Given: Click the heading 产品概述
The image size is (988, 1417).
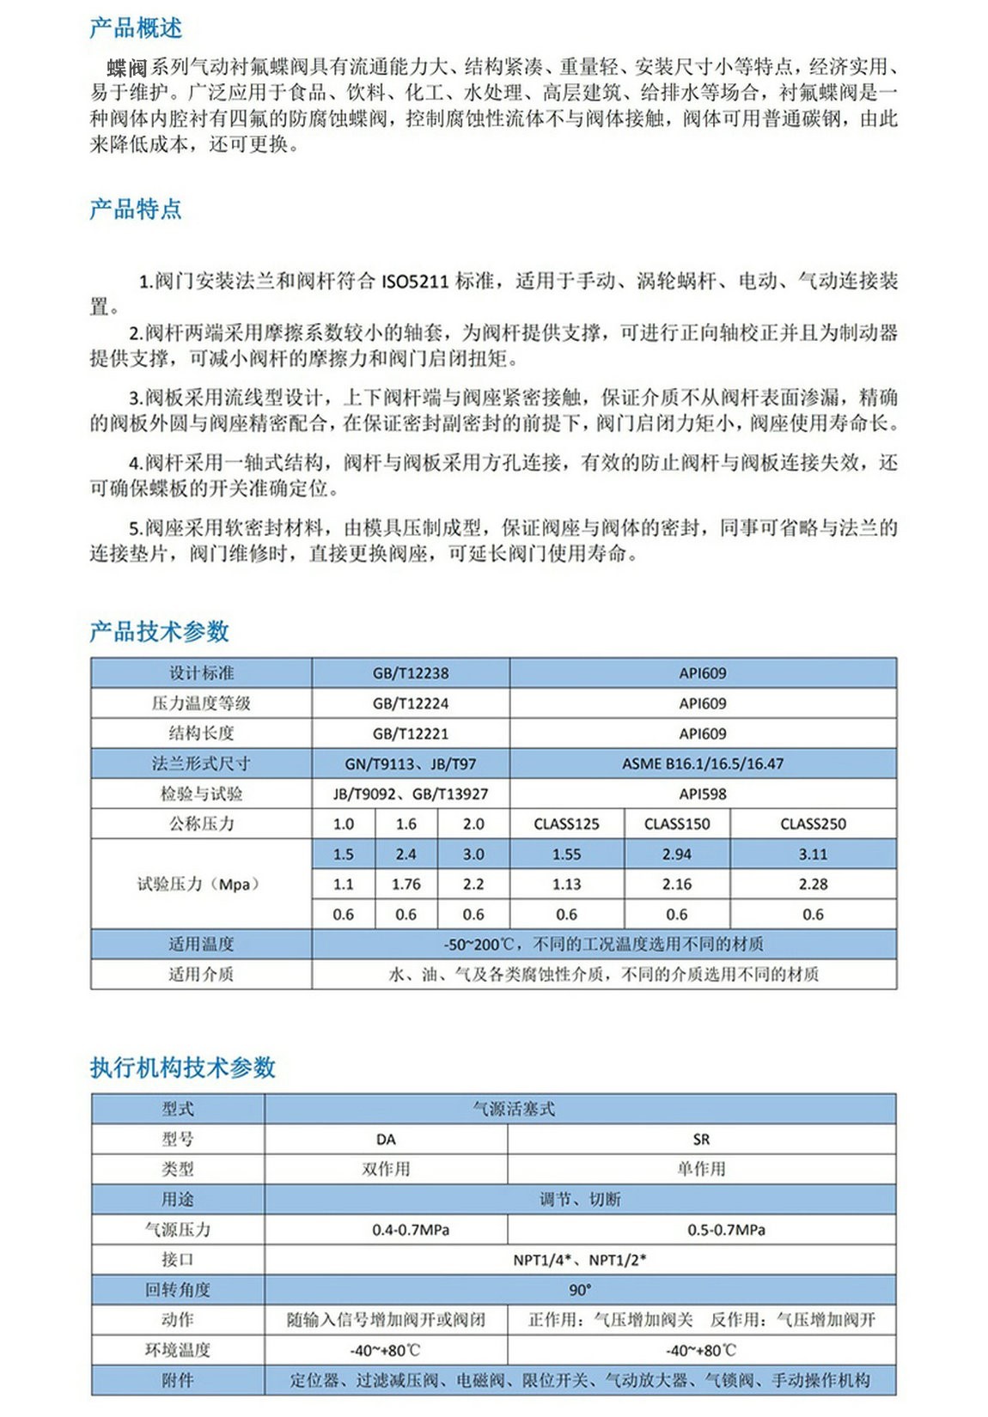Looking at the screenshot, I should coord(136,28).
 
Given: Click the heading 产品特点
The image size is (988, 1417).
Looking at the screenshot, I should coord(136,209).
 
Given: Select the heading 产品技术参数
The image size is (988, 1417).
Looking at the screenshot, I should coord(160,631).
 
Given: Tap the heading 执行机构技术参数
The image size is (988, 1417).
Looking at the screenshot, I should coord(183,1067).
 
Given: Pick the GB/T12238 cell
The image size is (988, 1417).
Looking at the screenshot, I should coord(411,673).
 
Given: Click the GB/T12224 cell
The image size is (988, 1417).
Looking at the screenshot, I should coord(411,703).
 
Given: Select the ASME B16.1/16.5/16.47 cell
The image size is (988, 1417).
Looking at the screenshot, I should coord(703,763).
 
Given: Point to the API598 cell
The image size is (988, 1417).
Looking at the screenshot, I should coord(703,794).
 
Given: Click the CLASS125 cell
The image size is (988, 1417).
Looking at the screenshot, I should coord(567,824).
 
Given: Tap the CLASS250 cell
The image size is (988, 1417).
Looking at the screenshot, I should coord(813,824).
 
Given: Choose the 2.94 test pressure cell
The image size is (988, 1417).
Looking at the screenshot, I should coord(677,854).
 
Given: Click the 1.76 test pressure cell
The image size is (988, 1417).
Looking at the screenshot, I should coord(406,885).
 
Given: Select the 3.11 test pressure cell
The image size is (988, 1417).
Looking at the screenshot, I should coord(813,854).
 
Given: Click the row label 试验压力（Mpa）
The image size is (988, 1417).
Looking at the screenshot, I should coord(200,885).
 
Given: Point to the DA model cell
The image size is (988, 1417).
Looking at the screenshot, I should coord(386,1140).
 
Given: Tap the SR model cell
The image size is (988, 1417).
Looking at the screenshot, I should coord(701,1140).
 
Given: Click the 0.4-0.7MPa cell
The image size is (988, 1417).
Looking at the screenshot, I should coord(411,1230).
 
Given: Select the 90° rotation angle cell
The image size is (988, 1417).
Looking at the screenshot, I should coord(580,1290).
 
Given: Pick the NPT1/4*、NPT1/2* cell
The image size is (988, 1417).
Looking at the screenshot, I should coord(580,1260).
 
